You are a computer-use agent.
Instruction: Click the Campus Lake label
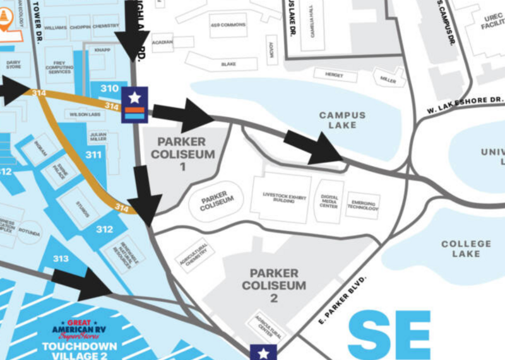click(342, 120)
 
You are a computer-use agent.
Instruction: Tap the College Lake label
click(466, 249)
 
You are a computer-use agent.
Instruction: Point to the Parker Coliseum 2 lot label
click(274, 285)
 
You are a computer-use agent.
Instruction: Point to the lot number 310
click(109, 88)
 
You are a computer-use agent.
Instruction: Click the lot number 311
click(93, 155)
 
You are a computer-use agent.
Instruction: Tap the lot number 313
click(61, 258)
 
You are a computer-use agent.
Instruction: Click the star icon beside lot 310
click(134, 98)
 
